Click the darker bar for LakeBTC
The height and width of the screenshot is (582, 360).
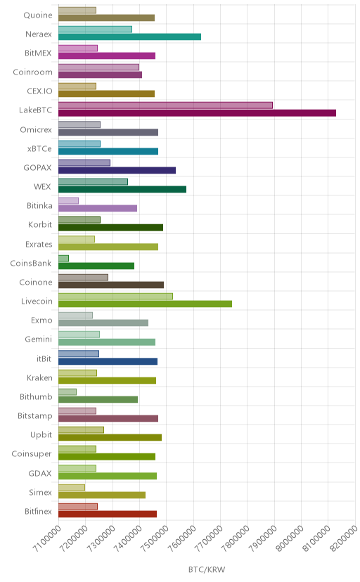tap(197, 113)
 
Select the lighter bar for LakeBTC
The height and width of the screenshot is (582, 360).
tap(165, 105)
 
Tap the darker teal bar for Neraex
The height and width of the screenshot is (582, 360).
tap(129, 37)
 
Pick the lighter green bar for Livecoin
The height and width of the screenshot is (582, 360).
tap(115, 296)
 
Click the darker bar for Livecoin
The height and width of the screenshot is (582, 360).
tap(145, 304)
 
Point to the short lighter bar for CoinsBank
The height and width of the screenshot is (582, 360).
tap(63, 259)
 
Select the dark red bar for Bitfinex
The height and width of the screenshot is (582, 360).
tap(108, 514)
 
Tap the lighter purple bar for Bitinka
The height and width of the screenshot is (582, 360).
tap(68, 201)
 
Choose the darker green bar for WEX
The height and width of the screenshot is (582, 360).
tap(122, 189)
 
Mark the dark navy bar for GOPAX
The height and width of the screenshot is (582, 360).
tap(117, 170)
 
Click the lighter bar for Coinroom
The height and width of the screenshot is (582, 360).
tap(98, 67)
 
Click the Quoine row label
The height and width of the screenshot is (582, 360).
tap(38, 15)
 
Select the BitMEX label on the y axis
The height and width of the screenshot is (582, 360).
tap(38, 53)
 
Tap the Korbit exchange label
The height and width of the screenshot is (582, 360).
tap(40, 224)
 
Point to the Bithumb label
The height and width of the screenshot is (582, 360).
tap(36, 396)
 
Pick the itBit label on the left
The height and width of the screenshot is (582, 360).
tap(44, 359)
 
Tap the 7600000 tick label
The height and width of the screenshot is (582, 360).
tap(181, 538)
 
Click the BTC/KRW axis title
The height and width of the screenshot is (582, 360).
tap(207, 569)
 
